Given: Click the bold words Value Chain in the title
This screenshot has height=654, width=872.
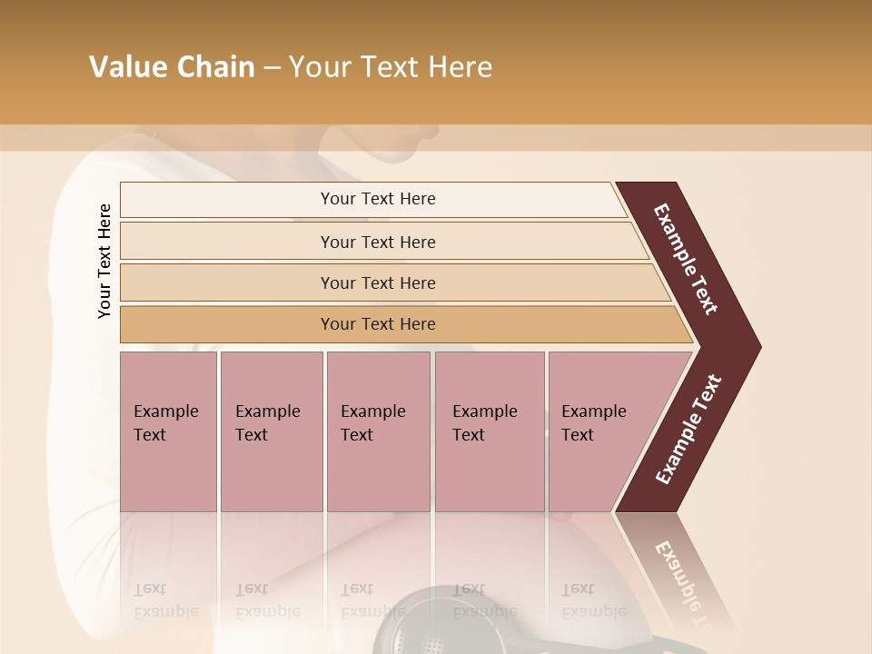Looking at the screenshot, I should coord(172,67).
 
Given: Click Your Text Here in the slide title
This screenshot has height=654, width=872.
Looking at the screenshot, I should coord(391,67).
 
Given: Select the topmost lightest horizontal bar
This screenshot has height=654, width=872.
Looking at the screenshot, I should coord(378,199).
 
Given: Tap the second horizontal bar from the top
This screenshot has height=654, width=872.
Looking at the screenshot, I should coord(378,242).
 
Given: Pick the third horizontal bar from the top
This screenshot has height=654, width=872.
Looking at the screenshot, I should coord(378,282).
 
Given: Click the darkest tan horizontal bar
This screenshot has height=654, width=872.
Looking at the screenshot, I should coord(378,324).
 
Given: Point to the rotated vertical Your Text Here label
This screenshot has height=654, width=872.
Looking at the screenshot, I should coord(104,261).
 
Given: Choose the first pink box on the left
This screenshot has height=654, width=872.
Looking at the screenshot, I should coord(168,431).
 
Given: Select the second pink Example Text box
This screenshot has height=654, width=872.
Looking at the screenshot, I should coord(271,431).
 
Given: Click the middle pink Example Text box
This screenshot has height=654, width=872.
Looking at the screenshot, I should coord(378,431).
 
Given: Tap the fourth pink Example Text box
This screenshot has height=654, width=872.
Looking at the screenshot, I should coord(489,431).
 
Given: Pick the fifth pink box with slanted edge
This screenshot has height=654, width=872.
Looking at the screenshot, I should coord(599,431).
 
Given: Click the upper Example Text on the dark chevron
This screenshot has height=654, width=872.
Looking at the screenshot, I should coord(686,259).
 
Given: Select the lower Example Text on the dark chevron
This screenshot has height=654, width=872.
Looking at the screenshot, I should coord(689,429).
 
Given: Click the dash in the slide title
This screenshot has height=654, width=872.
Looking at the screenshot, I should coord(272,68).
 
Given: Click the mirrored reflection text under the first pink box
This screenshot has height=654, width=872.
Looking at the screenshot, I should coord(165,600).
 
